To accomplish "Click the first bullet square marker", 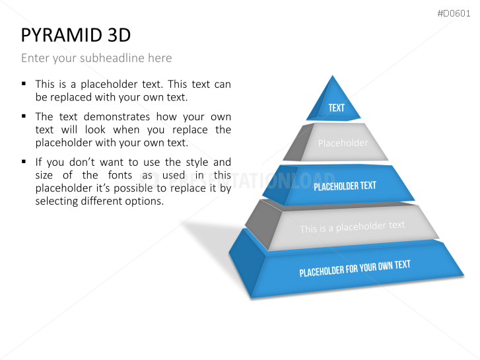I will (x=24, y=84).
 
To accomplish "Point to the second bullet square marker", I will (x=24, y=116).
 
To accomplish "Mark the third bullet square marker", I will (x=24, y=161).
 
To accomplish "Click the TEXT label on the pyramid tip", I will (x=336, y=108).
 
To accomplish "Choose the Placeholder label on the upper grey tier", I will (x=343, y=143).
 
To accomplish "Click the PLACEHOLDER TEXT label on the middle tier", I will (x=345, y=186).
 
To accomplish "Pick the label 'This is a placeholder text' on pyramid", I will (x=353, y=227).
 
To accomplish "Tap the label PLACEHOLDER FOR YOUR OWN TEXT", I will (x=355, y=268).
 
